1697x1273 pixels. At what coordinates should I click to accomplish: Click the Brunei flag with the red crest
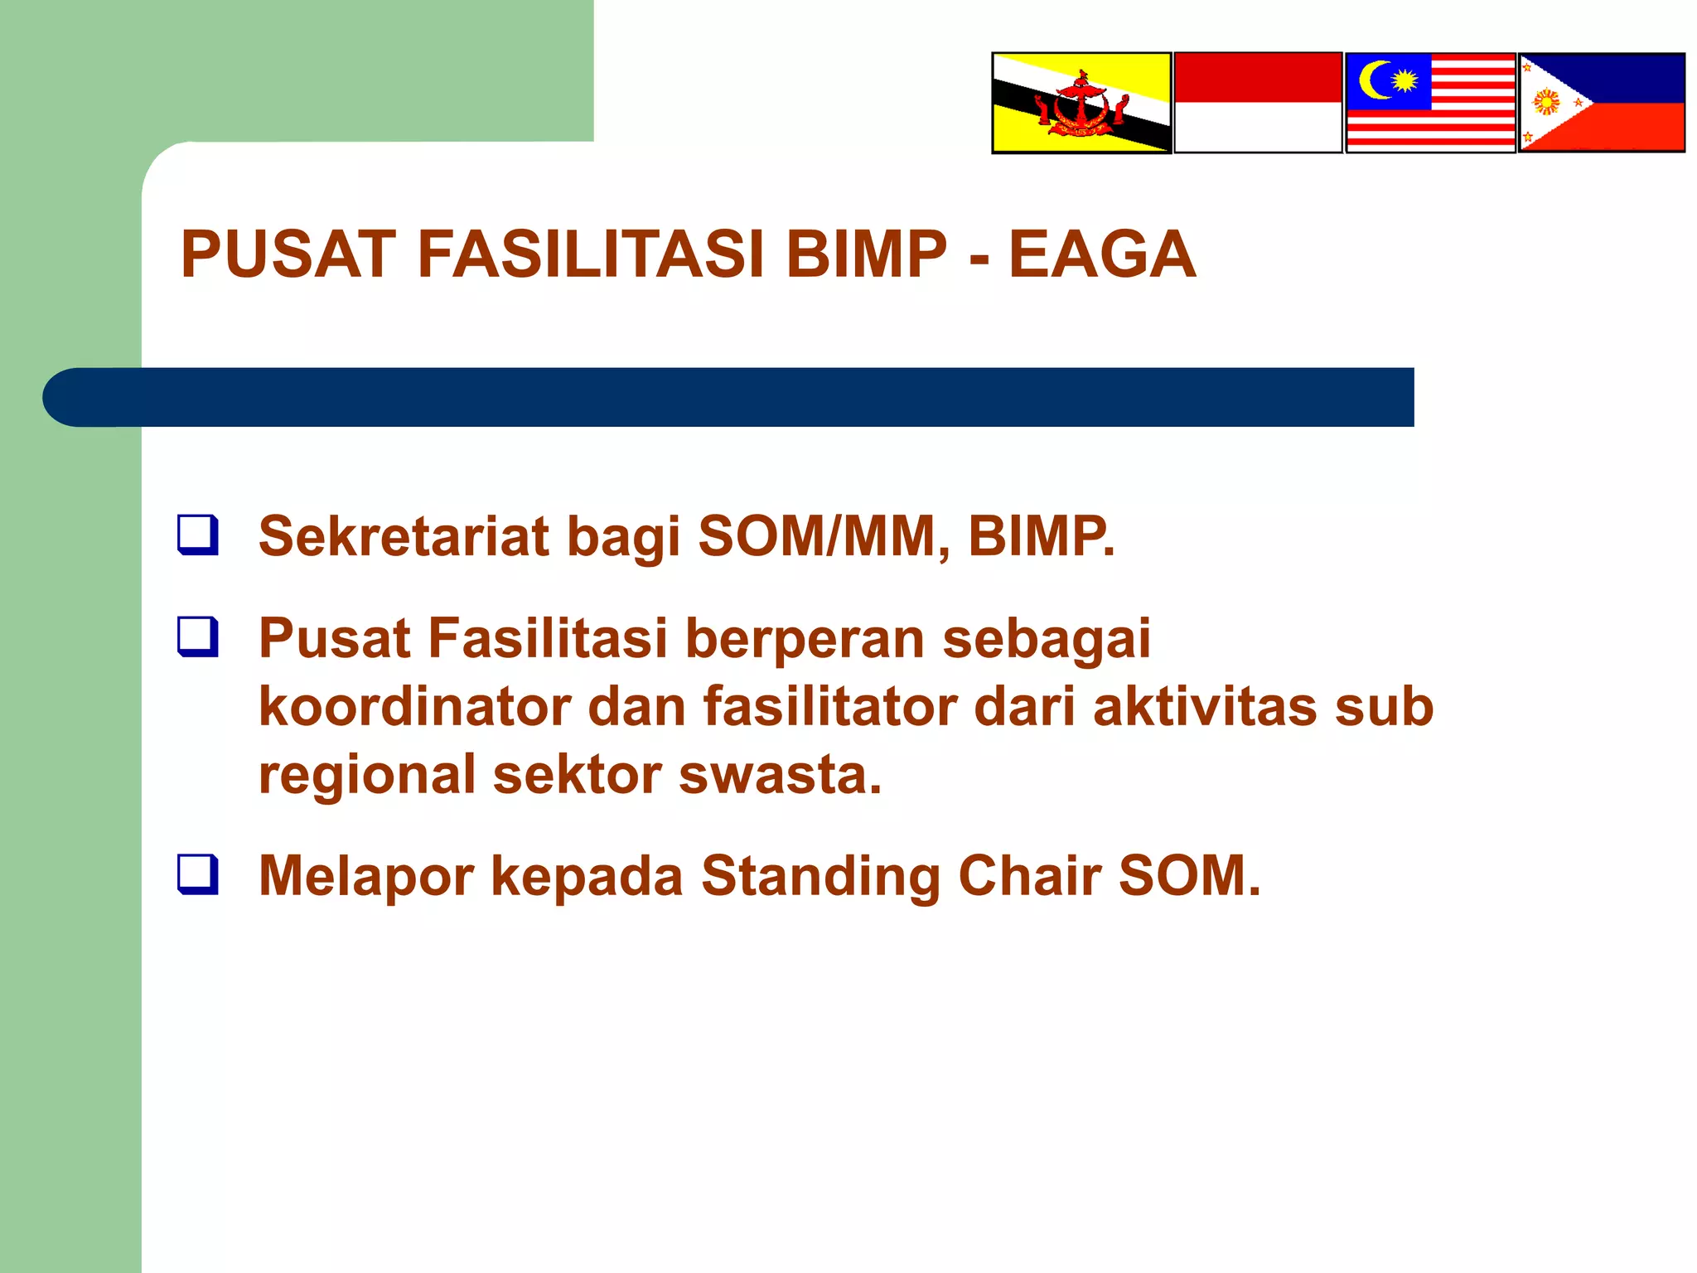pyautogui.click(x=1081, y=103)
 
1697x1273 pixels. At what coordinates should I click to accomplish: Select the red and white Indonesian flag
pyautogui.click(x=1258, y=103)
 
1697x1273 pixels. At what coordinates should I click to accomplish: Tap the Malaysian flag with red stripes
pyautogui.click(x=1430, y=103)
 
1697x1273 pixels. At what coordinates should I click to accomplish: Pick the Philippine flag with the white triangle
pyautogui.click(x=1601, y=103)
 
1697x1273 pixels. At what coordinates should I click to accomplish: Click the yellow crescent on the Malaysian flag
pyautogui.click(x=1375, y=80)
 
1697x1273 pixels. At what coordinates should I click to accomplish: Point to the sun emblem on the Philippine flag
pyautogui.click(x=1546, y=102)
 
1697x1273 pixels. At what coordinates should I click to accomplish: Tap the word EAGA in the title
pyautogui.click(x=1101, y=254)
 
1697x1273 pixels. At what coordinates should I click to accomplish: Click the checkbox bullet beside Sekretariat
pyautogui.click(x=198, y=535)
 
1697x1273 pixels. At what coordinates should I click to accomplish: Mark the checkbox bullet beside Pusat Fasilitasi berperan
pyautogui.click(x=198, y=636)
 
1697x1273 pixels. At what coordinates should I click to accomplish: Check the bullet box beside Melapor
pyautogui.click(x=198, y=874)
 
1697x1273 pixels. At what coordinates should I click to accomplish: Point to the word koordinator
pyautogui.click(x=415, y=707)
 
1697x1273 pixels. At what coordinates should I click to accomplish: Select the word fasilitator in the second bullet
pyautogui.click(x=830, y=707)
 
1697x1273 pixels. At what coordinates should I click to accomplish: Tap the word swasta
pyautogui.click(x=779, y=775)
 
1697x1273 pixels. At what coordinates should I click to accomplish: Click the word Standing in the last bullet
pyautogui.click(x=820, y=877)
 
